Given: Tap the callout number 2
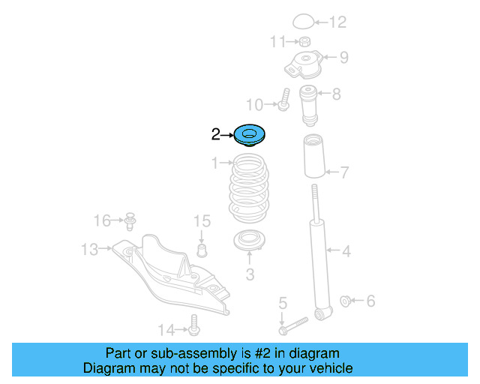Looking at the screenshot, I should [216, 135].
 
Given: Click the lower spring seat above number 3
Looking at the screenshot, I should [250, 242].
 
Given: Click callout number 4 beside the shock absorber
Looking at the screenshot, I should [346, 251].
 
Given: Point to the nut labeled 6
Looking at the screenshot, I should [346, 301].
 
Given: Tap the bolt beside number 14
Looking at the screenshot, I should [195, 325].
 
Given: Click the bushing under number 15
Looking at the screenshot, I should [201, 249].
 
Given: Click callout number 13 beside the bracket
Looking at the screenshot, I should [89, 249].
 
